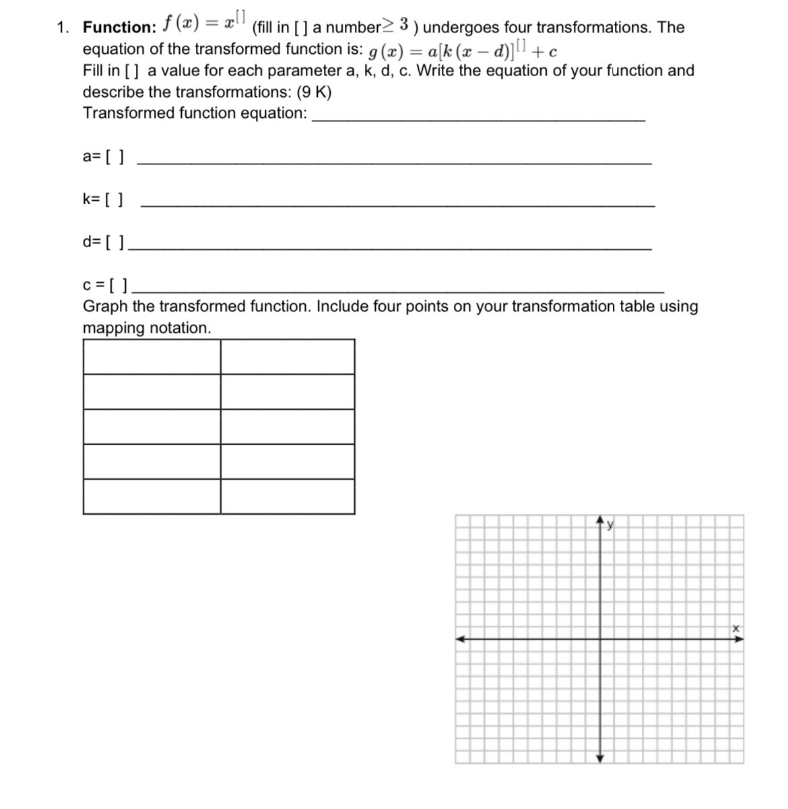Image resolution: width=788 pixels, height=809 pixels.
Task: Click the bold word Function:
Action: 119,28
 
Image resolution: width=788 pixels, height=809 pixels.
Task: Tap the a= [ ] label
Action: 103,157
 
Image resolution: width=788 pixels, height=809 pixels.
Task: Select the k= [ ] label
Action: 103,199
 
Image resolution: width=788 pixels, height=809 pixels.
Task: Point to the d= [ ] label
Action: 103,242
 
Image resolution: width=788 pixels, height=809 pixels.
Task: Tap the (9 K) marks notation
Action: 314,92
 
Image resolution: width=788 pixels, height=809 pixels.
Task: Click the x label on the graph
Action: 736,628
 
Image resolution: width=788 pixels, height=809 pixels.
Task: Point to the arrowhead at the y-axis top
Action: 600,521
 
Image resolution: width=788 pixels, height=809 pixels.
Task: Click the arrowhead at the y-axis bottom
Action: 600,758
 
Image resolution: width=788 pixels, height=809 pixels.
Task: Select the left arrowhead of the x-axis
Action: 460,639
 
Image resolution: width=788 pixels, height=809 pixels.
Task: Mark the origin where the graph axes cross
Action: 600,639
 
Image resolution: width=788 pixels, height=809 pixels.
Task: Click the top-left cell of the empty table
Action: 152,357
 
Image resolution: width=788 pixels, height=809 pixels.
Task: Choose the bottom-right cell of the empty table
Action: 288,496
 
